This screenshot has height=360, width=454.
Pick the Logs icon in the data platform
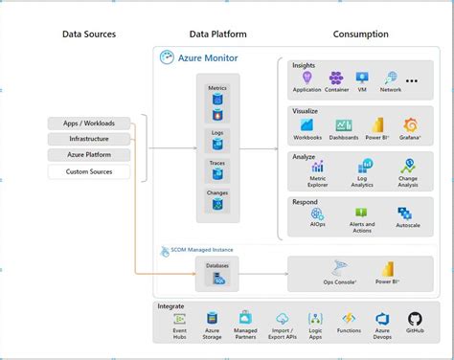pyautogui.click(x=217, y=145)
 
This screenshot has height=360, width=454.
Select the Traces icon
pyautogui.click(x=217, y=175)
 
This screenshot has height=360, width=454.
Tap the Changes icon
pyautogui.click(x=217, y=204)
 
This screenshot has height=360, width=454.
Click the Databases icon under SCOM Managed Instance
pyautogui.click(x=218, y=279)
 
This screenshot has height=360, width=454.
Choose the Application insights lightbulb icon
pyautogui.click(x=307, y=78)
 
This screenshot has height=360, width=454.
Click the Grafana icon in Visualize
pyautogui.click(x=411, y=124)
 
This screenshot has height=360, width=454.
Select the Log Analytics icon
pyautogui.click(x=361, y=167)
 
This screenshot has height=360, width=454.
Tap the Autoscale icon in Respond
pyautogui.click(x=409, y=213)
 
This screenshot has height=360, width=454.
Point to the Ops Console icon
pyautogui.click(x=339, y=269)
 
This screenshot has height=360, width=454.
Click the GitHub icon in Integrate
pyautogui.click(x=415, y=318)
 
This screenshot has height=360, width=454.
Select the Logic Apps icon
pyautogui.click(x=316, y=318)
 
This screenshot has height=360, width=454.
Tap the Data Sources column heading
pyautogui.click(x=89, y=34)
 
